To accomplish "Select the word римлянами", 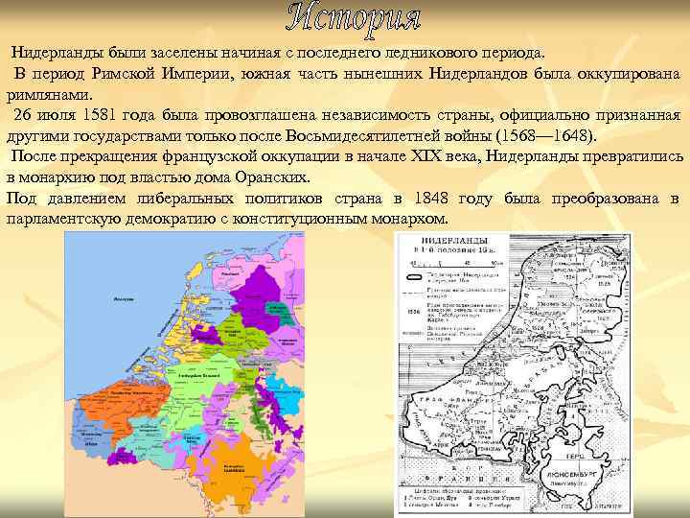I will tap(49, 94).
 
